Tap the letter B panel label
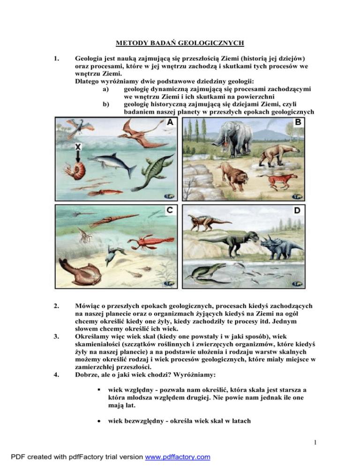pos(297,123)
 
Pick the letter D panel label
pos(297,210)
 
